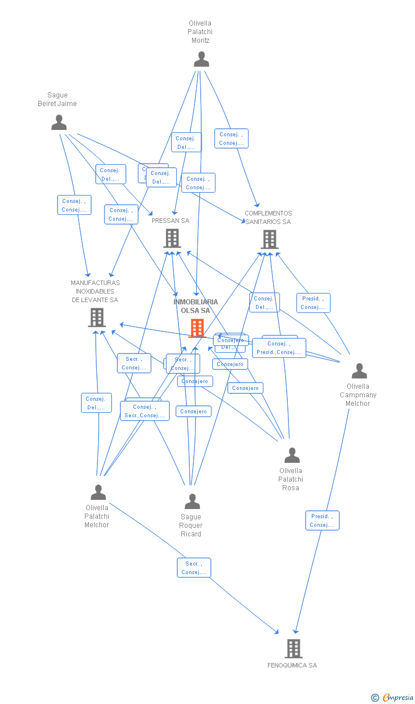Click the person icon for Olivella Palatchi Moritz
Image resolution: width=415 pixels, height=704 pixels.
[201, 59]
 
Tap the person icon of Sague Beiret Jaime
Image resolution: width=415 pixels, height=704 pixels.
[59, 123]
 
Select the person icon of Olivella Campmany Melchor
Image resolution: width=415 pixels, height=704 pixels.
[359, 371]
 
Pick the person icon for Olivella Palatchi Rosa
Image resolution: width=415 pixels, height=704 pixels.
[292, 455]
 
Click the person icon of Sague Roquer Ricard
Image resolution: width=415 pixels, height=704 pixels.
[192, 502]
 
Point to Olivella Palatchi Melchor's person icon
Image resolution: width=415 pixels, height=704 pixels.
[98, 492]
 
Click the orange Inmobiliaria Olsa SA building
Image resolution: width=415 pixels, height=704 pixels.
[197, 328]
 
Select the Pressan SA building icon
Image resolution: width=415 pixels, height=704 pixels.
[172, 238]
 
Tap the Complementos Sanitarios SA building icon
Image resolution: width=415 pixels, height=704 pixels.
[269, 239]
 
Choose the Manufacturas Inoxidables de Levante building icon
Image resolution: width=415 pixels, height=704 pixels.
[97, 318]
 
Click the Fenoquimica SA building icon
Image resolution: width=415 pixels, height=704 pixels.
[293, 649]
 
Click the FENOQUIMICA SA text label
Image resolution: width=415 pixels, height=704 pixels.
[292, 665]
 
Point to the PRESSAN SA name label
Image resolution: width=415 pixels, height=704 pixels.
[170, 221]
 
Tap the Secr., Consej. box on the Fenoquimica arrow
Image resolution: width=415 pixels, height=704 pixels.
[194, 568]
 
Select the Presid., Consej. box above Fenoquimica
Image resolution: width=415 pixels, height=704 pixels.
[322, 520]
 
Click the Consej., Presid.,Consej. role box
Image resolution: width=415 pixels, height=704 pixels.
[279, 348]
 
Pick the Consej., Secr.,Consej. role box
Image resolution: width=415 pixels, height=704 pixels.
[144, 411]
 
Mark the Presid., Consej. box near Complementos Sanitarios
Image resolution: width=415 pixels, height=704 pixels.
[313, 303]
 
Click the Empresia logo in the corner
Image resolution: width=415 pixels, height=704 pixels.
[393, 697]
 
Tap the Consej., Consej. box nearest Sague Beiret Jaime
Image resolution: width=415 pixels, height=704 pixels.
[74, 205]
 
